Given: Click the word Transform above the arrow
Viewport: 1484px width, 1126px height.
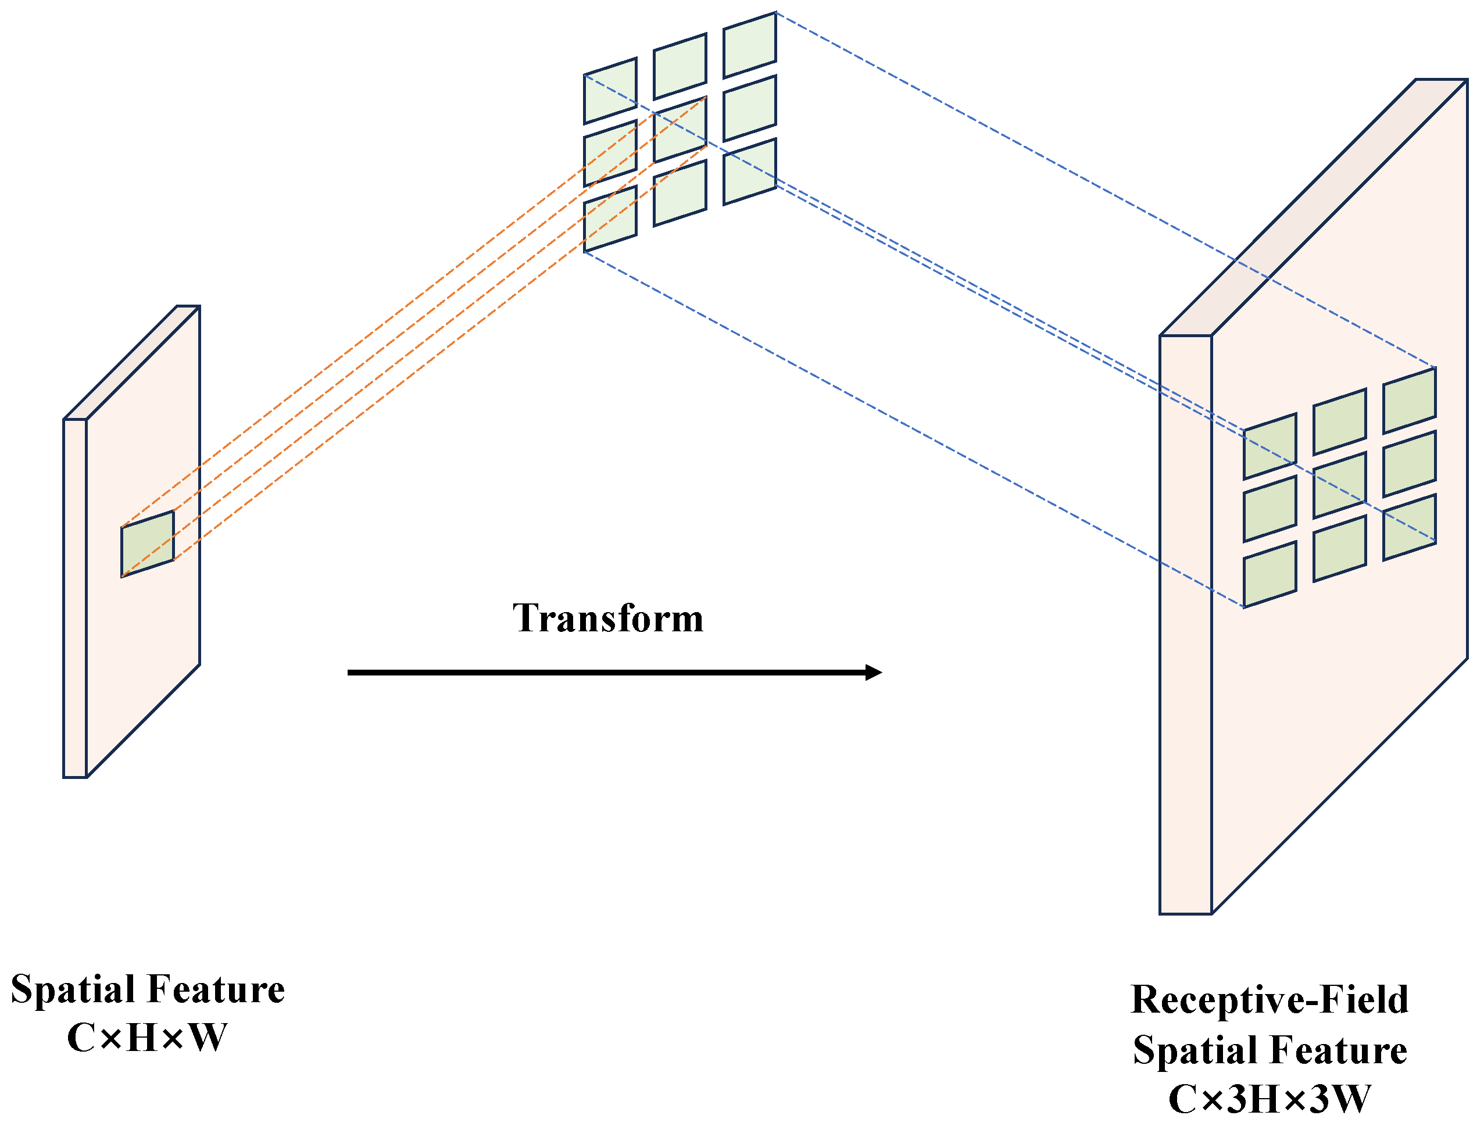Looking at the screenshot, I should pyautogui.click(x=608, y=618).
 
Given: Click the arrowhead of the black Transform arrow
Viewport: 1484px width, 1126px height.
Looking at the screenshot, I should pyautogui.click(x=873, y=673).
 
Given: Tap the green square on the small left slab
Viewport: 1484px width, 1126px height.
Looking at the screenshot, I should pyautogui.click(x=148, y=544).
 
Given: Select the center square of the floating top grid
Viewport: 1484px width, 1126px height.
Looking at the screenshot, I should pyautogui.click(x=680, y=130).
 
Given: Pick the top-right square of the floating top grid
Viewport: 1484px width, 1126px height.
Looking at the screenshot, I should pyautogui.click(x=749, y=45).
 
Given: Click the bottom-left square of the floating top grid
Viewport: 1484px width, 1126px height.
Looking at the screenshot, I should pyautogui.click(x=610, y=219).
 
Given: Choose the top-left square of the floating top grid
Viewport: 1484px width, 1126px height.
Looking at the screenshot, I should pyautogui.click(x=610, y=91).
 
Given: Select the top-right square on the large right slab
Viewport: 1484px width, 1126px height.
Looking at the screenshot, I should pyautogui.click(x=1409, y=400).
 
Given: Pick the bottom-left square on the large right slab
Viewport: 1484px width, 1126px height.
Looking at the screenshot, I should pyautogui.click(x=1270, y=574).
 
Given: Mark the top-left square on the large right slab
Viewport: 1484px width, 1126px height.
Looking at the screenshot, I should pyautogui.click(x=1270, y=446).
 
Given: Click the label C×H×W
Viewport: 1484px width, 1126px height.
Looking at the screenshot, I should pyautogui.click(x=147, y=1038).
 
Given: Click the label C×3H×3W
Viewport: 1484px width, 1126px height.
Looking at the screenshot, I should pyautogui.click(x=1270, y=1099).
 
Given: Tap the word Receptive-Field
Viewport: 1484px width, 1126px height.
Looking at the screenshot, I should pyautogui.click(x=1270, y=1000).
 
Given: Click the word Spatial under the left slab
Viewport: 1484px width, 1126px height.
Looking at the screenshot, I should pyautogui.click(x=74, y=989).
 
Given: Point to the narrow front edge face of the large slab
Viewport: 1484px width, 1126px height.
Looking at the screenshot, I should pyautogui.click(x=1185, y=624).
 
